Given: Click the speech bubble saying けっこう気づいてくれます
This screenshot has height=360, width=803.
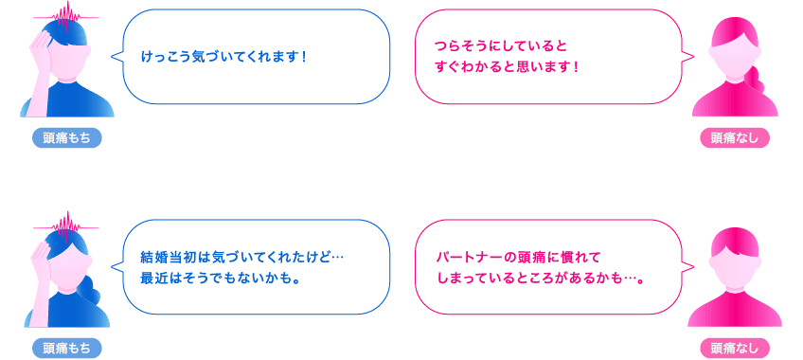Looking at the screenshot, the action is pyautogui.click(x=256, y=57).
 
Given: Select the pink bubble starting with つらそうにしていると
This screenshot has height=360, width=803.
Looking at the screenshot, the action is pyautogui.click(x=549, y=57).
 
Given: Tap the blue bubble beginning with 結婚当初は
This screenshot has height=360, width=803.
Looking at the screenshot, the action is pyautogui.click(x=256, y=267).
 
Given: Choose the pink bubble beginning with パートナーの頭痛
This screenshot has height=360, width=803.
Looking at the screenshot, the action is pyautogui.click(x=549, y=267).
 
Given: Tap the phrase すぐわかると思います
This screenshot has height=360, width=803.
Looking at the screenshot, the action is pyautogui.click(x=507, y=67).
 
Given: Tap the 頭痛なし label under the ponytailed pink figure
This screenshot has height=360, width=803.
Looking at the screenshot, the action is pyautogui.click(x=735, y=138).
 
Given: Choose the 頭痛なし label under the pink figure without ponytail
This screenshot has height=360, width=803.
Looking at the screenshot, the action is pyautogui.click(x=735, y=349).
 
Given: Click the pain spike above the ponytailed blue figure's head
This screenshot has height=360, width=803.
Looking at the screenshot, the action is pyautogui.click(x=66, y=225).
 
